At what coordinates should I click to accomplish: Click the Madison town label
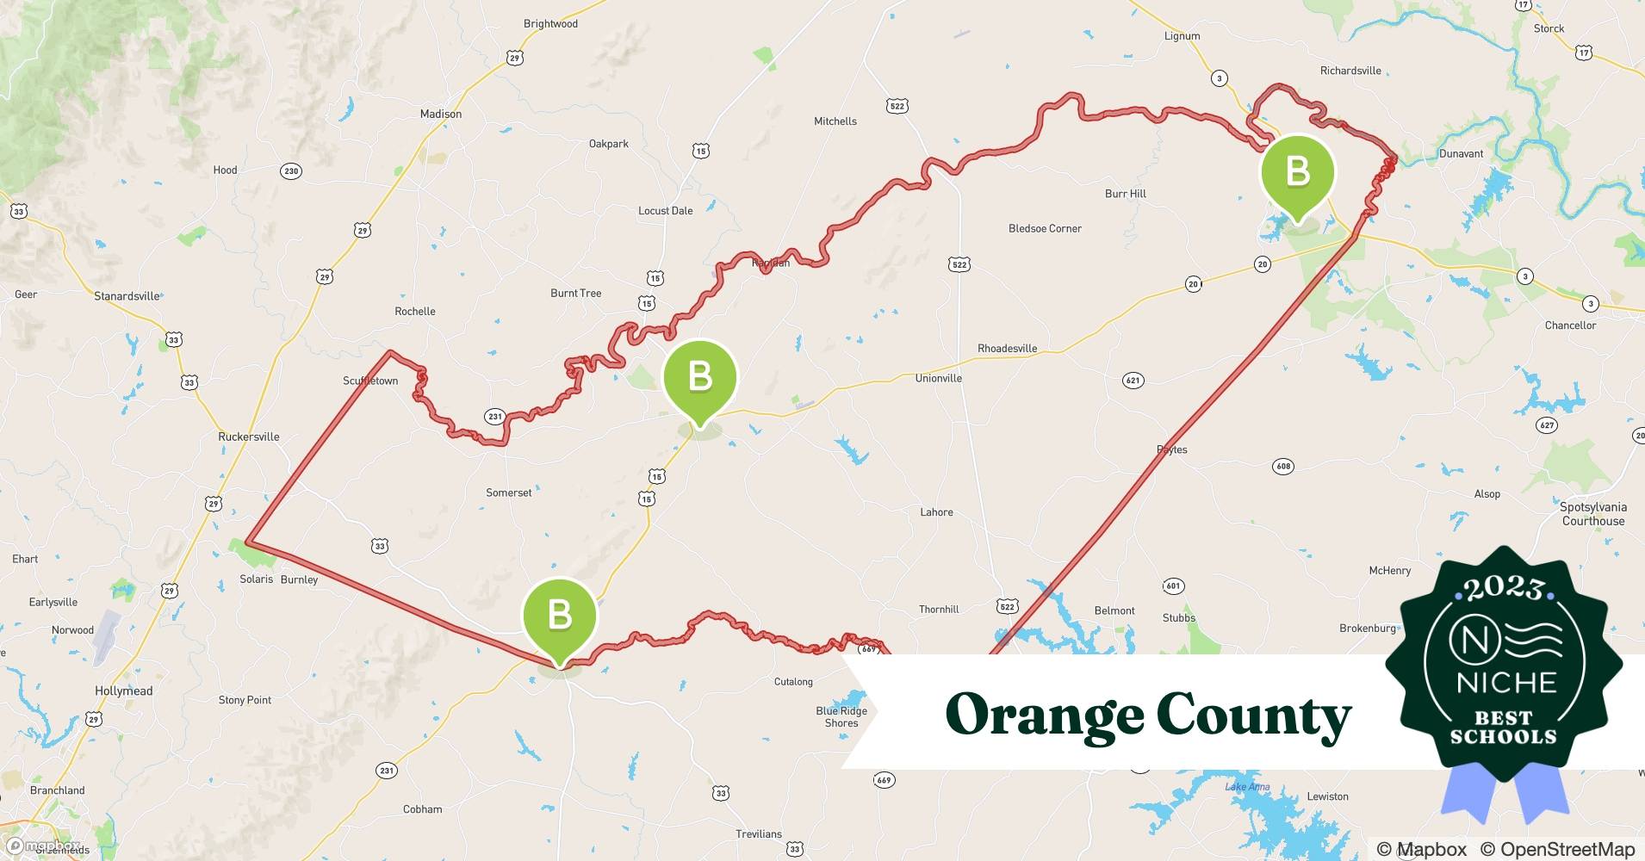(440, 114)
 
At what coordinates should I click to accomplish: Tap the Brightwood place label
(550, 24)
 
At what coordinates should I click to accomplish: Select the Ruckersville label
(248, 437)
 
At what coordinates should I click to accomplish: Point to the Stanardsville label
(127, 296)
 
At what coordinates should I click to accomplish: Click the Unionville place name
(938, 378)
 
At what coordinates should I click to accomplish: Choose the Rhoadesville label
(1007, 349)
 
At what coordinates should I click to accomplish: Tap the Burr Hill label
(1125, 194)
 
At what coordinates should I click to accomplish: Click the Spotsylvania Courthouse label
(1592, 514)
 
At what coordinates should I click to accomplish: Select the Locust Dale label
(665, 211)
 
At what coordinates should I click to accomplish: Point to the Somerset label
(508, 493)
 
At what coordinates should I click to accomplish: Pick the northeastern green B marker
(1297, 173)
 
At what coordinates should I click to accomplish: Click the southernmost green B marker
(560, 615)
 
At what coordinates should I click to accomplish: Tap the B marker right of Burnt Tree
(699, 377)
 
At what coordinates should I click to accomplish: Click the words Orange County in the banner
(1147, 715)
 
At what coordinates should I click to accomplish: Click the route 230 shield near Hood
(291, 171)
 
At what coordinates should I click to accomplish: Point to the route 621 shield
(1133, 381)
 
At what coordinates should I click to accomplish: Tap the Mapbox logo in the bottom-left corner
(43, 846)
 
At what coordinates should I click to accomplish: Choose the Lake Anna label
(1246, 787)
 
